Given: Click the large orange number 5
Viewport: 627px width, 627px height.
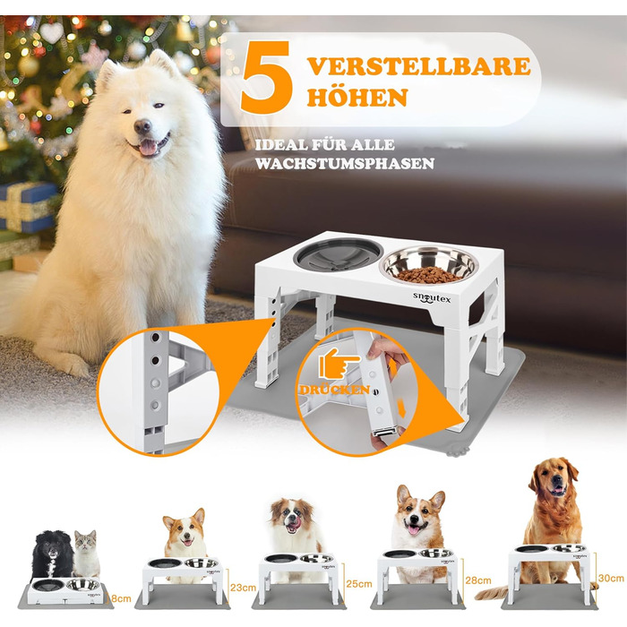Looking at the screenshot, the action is [266, 77].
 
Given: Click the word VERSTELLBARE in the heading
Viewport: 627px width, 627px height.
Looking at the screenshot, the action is [419, 66].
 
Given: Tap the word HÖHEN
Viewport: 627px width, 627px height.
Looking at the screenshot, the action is [357, 97].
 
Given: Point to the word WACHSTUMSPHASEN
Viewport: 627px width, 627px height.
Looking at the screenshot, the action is [345, 164].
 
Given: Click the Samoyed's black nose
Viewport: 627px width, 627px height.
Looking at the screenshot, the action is [142, 126].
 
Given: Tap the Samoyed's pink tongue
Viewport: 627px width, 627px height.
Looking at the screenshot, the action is [148, 147].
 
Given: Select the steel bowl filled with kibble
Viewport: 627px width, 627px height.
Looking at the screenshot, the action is [429, 264].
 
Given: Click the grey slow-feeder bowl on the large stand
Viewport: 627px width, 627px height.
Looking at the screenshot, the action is [339, 254].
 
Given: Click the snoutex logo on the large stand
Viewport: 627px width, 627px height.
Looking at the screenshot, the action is [432, 298].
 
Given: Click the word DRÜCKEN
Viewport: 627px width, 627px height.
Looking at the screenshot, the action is [334, 390].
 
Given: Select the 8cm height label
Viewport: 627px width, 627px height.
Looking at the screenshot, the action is [121, 598].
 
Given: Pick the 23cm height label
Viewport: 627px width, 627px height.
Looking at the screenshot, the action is [243, 588].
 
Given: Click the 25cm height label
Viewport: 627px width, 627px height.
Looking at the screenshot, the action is [359, 584].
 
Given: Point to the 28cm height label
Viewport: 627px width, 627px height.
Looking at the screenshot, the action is [478, 580].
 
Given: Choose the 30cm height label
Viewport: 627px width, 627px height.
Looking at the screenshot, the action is [611, 578].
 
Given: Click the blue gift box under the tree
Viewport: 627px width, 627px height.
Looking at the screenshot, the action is [27, 207].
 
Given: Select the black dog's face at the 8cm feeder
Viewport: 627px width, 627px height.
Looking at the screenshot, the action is [53, 547].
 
